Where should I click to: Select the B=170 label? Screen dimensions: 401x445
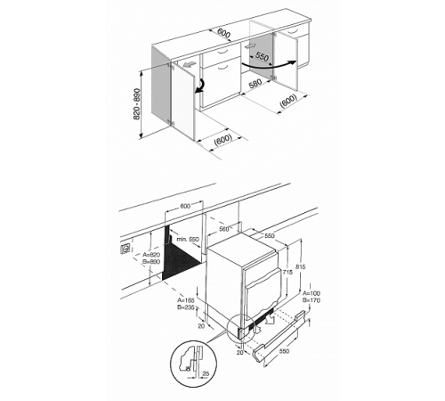311,301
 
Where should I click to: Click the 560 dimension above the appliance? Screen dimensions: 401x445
223,228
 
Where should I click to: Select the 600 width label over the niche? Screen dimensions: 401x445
185,206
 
